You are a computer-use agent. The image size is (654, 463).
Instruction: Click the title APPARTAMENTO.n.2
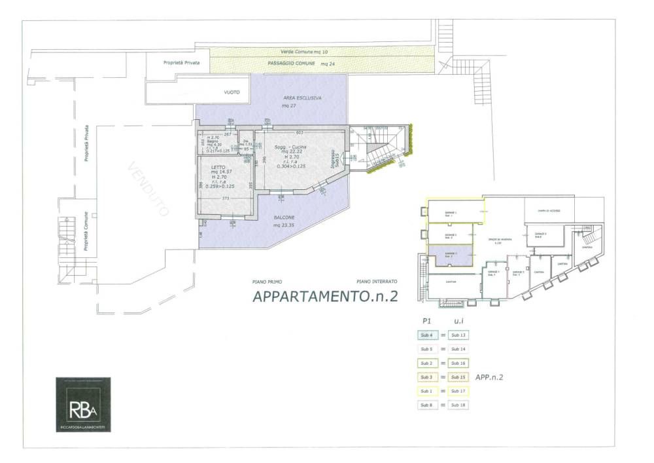click(x=325, y=296)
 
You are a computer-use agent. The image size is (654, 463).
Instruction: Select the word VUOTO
click(x=232, y=93)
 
